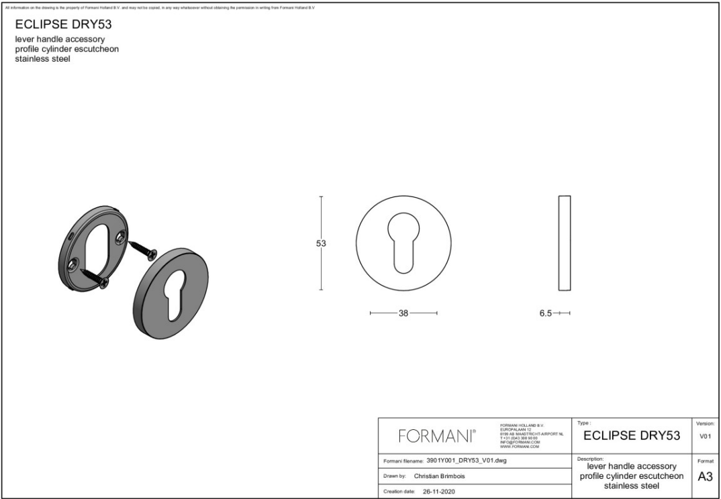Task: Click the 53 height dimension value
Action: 321,243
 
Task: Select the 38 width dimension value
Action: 403,313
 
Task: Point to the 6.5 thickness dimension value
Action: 546,313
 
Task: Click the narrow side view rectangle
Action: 565,243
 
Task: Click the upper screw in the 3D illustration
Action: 143,249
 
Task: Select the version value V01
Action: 705,437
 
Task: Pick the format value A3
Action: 705,477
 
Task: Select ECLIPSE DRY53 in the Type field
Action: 632,437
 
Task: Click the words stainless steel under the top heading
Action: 43,59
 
